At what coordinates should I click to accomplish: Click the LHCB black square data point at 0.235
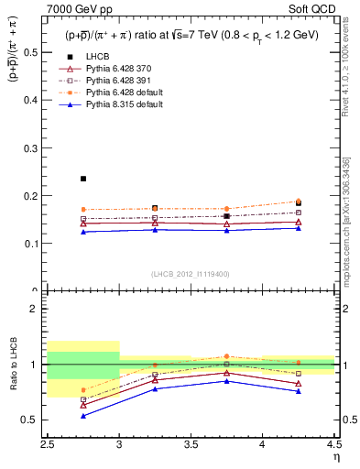tap(83, 179)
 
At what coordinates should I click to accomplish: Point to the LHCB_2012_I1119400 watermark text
tap(190, 274)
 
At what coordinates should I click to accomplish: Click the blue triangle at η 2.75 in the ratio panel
tap(83, 416)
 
